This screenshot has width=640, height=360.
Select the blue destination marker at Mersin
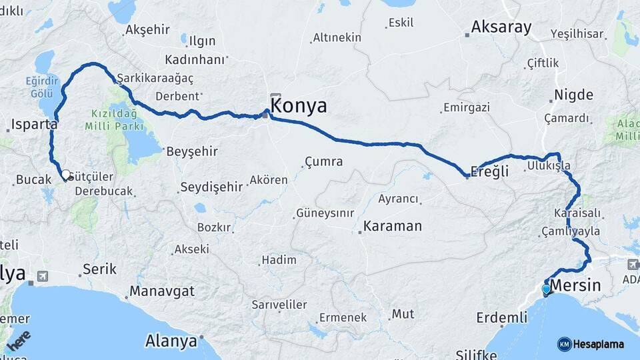click(547, 289)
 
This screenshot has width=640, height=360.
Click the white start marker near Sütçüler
click(66, 175)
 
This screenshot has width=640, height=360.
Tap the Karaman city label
click(393, 226)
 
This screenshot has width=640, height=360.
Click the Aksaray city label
click(501, 27)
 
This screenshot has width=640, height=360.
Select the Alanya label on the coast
click(171, 341)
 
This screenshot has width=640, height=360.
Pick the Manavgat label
click(162, 291)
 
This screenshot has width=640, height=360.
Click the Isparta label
click(34, 125)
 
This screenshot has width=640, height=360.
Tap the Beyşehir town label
click(192, 151)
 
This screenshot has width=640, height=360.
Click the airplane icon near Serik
click(43, 276)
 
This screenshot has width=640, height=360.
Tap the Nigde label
click(573, 95)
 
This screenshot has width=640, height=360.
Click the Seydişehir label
click(211, 187)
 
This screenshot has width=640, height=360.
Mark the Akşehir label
click(149, 31)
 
